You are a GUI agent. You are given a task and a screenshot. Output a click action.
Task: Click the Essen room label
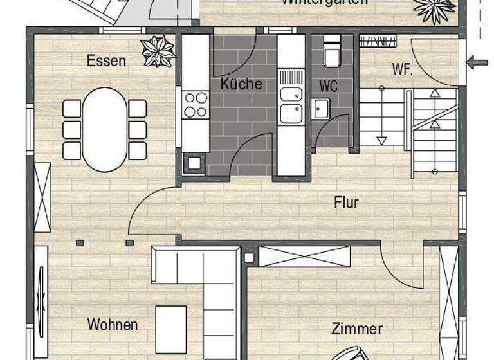[107, 62]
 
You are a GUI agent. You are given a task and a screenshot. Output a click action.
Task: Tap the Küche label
[241, 84]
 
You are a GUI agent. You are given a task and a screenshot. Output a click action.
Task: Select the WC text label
[328, 85]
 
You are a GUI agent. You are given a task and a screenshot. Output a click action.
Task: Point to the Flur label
[346, 203]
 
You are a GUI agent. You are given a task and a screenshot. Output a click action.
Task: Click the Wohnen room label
[113, 324]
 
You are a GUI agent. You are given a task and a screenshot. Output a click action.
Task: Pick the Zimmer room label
[357, 328]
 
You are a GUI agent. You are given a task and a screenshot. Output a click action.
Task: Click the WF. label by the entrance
[402, 69]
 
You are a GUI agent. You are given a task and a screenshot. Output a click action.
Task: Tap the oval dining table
[105, 129]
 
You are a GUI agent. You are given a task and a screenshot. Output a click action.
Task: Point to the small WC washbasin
[321, 108]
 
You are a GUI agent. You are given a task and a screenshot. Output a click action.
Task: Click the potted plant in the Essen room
[158, 51]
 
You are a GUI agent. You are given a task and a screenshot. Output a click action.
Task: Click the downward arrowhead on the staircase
[381, 139]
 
